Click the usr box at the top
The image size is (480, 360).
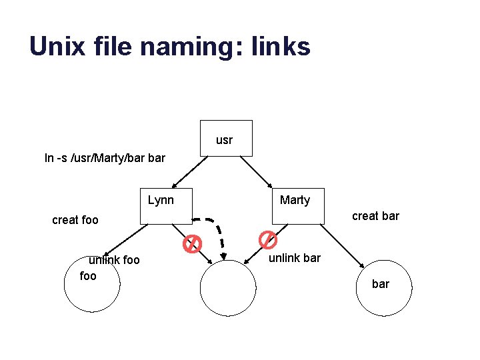click(x=226, y=138)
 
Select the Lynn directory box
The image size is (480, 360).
click(x=166, y=205)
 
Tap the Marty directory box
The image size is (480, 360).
click(x=297, y=205)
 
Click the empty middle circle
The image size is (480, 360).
click(x=228, y=288)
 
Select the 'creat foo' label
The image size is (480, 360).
click(x=75, y=220)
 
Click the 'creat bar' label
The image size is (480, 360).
click(x=375, y=215)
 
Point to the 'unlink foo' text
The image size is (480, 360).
click(x=115, y=260)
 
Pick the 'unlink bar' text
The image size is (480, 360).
click(x=294, y=258)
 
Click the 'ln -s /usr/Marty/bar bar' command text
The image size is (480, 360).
click(x=105, y=159)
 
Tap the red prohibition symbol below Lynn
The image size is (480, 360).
click(x=192, y=244)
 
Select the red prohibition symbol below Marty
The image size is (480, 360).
click(x=267, y=239)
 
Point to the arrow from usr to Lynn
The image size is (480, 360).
click(x=188, y=171)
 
